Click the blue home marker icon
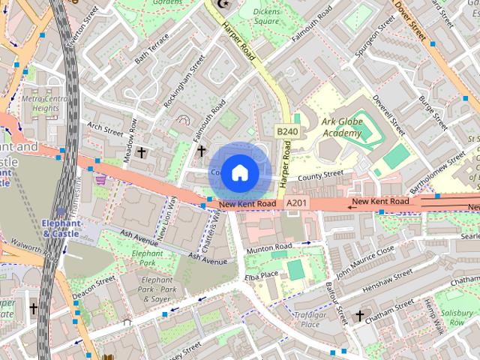coord(238,172)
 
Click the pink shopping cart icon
coord(100,181)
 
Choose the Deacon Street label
coord(94,286)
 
